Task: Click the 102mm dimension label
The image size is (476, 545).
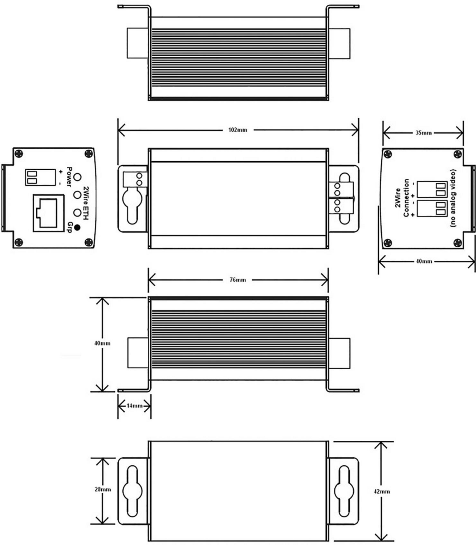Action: tap(238, 130)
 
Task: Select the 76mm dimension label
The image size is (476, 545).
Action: tap(238, 280)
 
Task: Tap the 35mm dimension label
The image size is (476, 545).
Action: tap(423, 133)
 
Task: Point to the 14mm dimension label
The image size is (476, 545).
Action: tap(134, 406)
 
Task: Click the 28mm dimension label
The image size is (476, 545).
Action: tap(103, 489)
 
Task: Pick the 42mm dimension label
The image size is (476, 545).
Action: tap(382, 491)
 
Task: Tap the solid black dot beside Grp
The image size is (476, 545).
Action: tap(77, 228)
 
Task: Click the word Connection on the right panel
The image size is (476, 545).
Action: tap(406, 198)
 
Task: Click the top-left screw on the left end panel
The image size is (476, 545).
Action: tap(19, 153)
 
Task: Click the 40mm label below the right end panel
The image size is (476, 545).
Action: tap(423, 261)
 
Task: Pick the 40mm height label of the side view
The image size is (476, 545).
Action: tap(102, 343)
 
